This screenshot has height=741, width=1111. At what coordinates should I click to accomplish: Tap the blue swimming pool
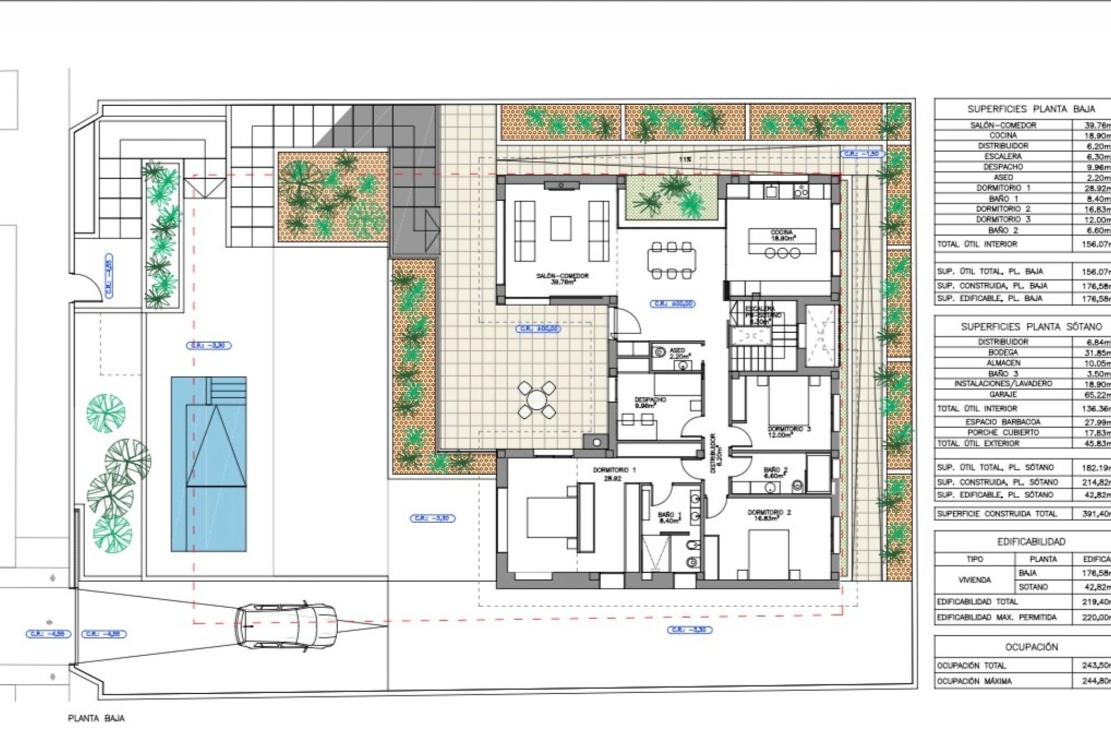point(209,463)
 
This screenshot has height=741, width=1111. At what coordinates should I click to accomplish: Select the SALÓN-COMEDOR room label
point(562,276)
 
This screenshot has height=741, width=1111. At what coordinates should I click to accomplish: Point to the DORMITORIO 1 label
point(614,470)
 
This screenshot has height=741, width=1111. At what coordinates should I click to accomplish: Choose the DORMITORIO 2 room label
point(769,512)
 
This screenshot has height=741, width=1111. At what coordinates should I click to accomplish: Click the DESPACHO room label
point(650,400)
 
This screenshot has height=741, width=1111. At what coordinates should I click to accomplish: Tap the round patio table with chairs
point(536,399)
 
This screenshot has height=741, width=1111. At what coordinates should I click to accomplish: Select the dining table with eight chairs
point(671,260)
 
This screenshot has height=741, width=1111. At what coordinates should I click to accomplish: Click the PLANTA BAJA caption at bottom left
point(96,718)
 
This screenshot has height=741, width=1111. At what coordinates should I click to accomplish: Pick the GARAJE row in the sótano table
point(1003,394)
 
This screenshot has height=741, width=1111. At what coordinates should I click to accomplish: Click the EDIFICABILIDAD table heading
point(1031,542)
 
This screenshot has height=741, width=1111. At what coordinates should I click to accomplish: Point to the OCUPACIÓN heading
point(1031,647)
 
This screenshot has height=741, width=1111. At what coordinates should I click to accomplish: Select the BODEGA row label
point(1003,352)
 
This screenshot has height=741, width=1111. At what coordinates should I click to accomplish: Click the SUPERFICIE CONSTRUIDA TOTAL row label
point(996,513)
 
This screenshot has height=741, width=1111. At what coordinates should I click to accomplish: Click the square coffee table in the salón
point(560,228)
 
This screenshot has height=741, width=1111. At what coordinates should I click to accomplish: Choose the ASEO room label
point(677,351)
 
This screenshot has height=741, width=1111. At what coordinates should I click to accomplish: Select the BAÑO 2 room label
point(775,470)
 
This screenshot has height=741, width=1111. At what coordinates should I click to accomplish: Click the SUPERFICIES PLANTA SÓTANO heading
point(1031,327)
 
